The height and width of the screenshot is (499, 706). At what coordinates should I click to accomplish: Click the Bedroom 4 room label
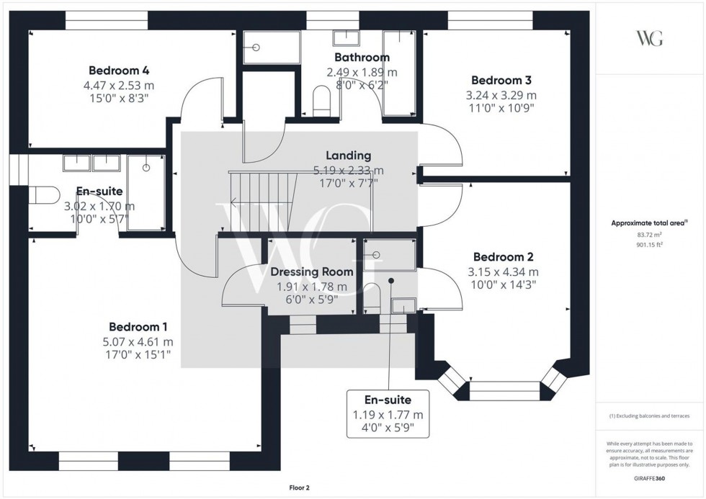pyautogui.click(x=118, y=71)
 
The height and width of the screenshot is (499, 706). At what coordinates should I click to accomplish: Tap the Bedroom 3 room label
pyautogui.click(x=501, y=81)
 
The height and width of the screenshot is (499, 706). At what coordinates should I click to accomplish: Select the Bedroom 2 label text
pyautogui.click(x=503, y=257)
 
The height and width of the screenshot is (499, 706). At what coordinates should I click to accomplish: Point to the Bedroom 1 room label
pyautogui.click(x=139, y=327)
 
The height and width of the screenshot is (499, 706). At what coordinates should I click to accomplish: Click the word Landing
pyautogui.click(x=348, y=156)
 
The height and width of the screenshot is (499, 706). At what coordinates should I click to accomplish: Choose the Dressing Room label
pyautogui.click(x=311, y=271)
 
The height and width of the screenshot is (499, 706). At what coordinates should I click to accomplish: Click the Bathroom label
pyautogui.click(x=362, y=57)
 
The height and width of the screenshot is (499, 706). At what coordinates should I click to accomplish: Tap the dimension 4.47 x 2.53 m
pyautogui.click(x=118, y=85)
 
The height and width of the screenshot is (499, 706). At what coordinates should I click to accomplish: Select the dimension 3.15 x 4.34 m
pyautogui.click(x=503, y=272)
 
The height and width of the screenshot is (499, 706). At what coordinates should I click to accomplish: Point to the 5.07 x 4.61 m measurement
pyautogui.click(x=139, y=342)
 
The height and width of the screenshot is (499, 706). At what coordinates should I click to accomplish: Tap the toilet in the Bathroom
pyautogui.click(x=321, y=100)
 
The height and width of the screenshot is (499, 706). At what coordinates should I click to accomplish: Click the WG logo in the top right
pyautogui.click(x=649, y=37)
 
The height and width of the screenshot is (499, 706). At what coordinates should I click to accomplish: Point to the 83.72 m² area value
pyautogui.click(x=649, y=235)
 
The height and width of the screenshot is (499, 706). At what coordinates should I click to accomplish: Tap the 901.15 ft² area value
pyautogui.click(x=649, y=244)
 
